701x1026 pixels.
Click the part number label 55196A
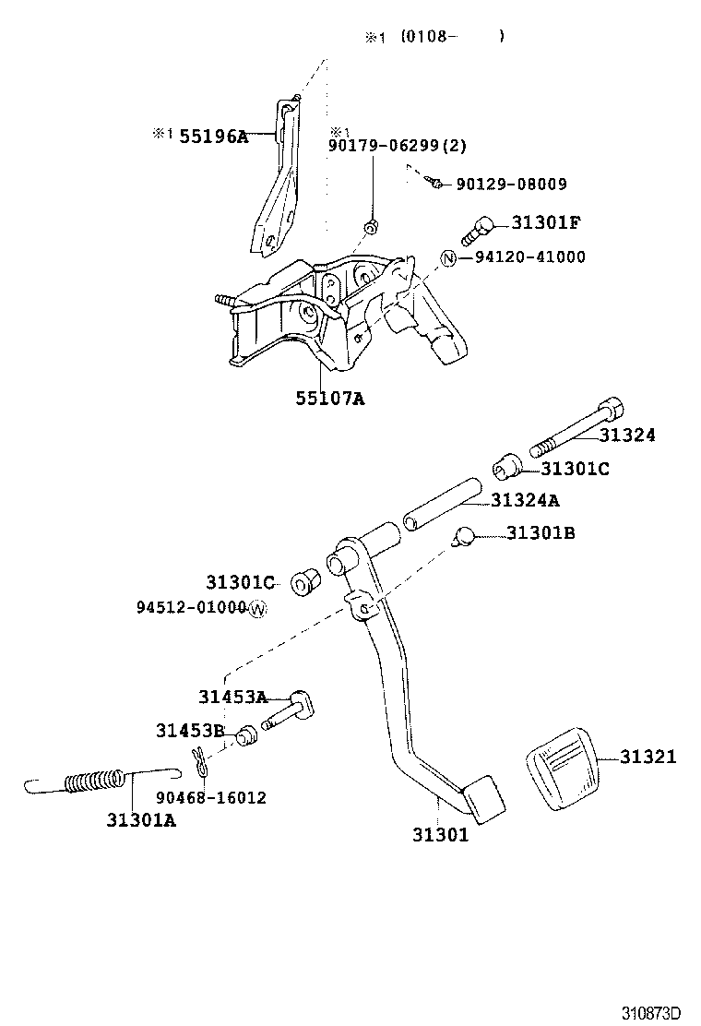point(213,137)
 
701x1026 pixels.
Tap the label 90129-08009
point(511,185)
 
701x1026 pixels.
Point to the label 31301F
point(547,222)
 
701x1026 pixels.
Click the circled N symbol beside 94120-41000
point(449,257)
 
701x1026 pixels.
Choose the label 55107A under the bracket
point(329,399)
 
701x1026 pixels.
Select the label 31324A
point(525,500)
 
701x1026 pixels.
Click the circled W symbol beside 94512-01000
point(256,608)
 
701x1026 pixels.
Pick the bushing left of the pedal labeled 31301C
point(304,584)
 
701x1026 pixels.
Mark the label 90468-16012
point(211,797)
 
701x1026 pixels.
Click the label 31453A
point(232,697)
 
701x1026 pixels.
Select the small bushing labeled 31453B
point(245,736)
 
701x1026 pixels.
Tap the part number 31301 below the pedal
point(440,835)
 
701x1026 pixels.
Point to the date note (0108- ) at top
point(452,37)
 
